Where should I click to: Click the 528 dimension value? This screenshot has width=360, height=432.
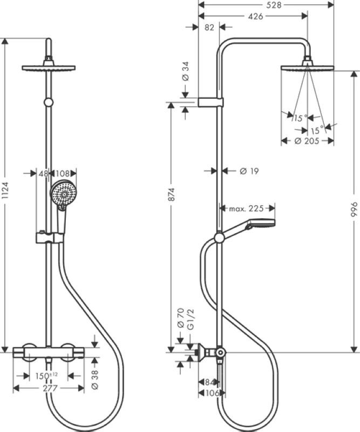pyautogui.click(x=274, y=5)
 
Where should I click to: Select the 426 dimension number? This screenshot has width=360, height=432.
pyautogui.click(x=255, y=16)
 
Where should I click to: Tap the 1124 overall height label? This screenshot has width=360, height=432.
pyautogui.click(x=5, y=191)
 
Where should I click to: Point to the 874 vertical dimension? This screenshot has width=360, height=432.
pyautogui.click(x=171, y=194)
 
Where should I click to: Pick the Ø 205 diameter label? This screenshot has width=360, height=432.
pyautogui.click(x=307, y=141)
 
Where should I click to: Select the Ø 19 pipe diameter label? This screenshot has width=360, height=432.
pyautogui.click(x=249, y=171)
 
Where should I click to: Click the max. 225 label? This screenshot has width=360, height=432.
pyautogui.click(x=246, y=208)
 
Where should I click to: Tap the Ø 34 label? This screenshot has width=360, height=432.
pyautogui.click(x=186, y=71)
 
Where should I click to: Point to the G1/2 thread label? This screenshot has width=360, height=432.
pyautogui.click(x=191, y=319)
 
